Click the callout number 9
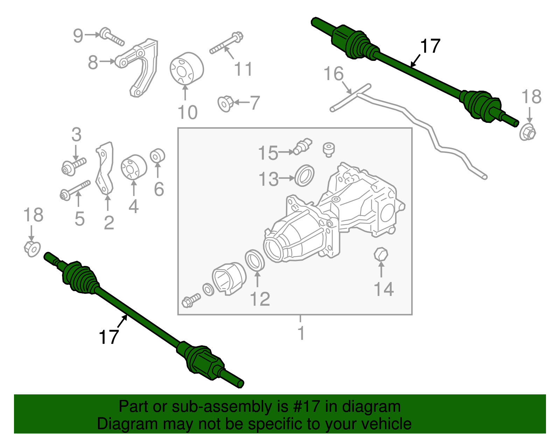click(x=78, y=35)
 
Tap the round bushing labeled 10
click(x=186, y=69)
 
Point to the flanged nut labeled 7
click(x=225, y=104)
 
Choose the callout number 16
click(x=333, y=74)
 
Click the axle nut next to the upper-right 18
click(x=528, y=133)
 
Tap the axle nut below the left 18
click(x=32, y=249)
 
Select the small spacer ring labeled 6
click(x=157, y=156)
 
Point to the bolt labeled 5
click(x=75, y=190)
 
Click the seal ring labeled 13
click(x=304, y=176)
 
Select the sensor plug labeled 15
click(x=303, y=146)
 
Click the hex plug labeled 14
click(x=381, y=254)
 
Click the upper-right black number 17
click(x=430, y=47)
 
